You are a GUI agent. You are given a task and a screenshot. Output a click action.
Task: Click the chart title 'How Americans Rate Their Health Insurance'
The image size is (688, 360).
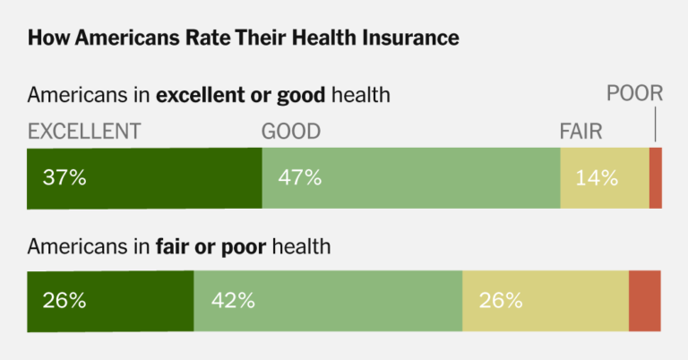tap(244, 38)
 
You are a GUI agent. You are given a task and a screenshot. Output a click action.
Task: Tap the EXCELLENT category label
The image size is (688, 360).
tap(84, 131)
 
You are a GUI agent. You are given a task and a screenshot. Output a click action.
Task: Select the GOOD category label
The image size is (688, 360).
tap(290, 131)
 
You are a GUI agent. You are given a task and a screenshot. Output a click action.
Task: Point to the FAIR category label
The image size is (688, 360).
tap(580, 131)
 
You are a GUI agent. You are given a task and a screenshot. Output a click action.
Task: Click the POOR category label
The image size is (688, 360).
tap(634, 92)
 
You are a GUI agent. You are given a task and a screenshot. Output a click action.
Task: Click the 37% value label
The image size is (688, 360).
tap(64, 177)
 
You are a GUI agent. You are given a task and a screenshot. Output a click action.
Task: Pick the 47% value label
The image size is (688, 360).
tap(299, 177)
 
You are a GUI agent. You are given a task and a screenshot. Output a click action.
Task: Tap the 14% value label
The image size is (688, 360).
tap(597, 177)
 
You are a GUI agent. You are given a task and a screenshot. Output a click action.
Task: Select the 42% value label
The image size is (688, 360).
tap(233, 300)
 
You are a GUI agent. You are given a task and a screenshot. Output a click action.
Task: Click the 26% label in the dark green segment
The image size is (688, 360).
tap(64, 300)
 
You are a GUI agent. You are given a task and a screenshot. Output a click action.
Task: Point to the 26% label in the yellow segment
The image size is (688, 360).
tap(501, 300)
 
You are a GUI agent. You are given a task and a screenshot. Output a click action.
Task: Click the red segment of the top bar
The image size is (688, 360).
tap(656, 177)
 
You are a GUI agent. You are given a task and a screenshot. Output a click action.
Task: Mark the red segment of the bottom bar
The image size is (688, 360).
tap(645, 300)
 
